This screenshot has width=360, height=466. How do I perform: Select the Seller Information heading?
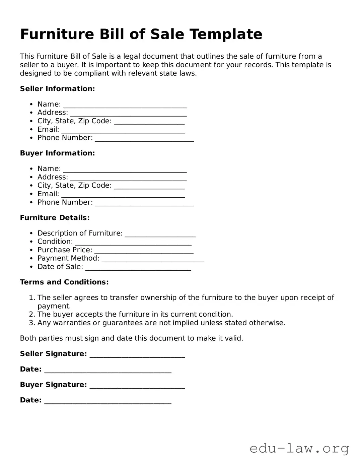coord(57,89)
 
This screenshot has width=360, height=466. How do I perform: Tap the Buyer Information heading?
coord(57,153)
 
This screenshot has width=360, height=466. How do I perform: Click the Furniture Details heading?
coord(55,218)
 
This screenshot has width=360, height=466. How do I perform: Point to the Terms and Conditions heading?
coord(64,282)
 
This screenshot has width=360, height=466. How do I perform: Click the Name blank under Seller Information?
coord(125,105)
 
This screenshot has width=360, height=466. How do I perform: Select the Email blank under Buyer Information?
coord(123,195)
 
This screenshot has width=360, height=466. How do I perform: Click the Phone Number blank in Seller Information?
coord(144,139)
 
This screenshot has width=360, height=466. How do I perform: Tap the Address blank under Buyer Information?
coord(128,178)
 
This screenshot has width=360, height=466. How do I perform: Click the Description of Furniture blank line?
coord(160,234)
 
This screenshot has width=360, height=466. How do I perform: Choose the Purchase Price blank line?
coord(144,251)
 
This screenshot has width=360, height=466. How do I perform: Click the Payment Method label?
coord(68,258)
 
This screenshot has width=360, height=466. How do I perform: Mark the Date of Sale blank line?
coord(138,268)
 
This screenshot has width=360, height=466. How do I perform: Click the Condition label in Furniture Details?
coord(55,242)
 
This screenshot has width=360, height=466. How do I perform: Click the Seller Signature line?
coord(137,355)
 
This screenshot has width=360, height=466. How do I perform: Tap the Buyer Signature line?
coord(137,386)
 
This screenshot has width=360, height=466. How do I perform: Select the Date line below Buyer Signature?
coord(107,401)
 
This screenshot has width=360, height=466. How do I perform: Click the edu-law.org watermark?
coord(299,448)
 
